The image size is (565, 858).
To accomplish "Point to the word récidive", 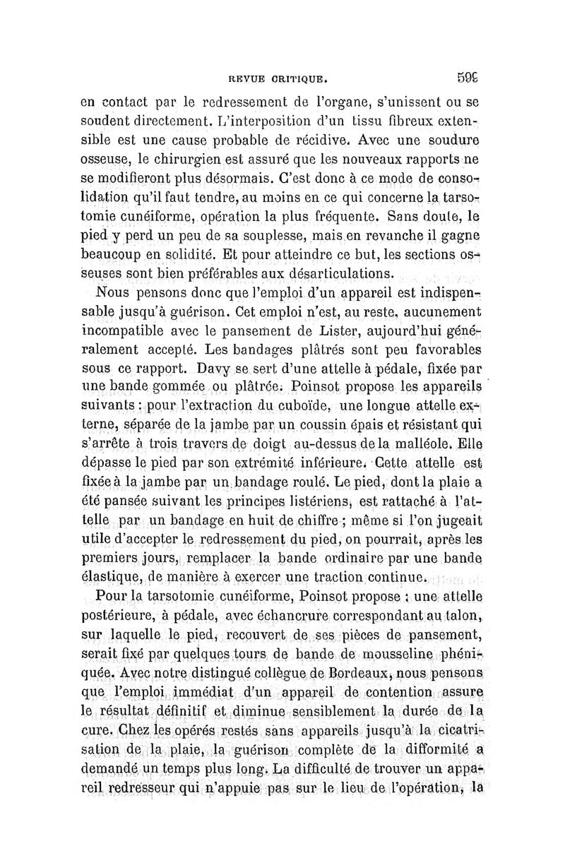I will pos(331,153).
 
